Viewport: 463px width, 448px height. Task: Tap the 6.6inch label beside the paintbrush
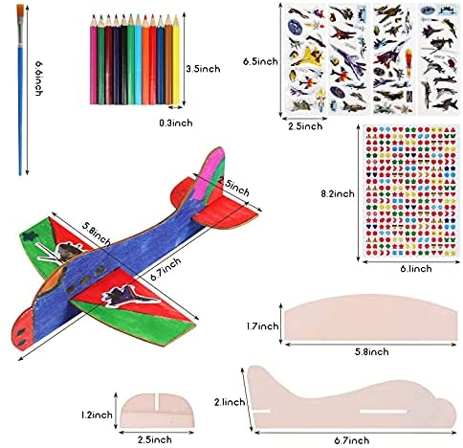coord(39,78)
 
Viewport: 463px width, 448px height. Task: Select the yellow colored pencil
coord(176,60)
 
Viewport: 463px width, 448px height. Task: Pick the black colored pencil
coord(123,60)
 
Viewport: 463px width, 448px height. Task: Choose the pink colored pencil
coord(94,60)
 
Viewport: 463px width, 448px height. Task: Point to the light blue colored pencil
coord(139,60)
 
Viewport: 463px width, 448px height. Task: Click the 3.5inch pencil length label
coord(203,69)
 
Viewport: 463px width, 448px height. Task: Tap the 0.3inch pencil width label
coord(176,123)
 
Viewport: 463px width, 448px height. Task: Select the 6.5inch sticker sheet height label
coord(260,61)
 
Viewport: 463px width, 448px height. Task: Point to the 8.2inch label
coord(338,193)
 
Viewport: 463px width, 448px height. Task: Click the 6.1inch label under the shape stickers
coord(416,269)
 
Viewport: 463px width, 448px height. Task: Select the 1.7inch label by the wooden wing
coord(262,326)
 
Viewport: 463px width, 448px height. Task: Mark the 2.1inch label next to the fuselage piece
coord(230,402)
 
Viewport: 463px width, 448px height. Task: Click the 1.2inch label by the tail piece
coord(97,414)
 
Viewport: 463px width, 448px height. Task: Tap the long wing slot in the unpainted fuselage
coord(384,411)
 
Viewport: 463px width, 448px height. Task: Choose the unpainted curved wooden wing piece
coord(370,318)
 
